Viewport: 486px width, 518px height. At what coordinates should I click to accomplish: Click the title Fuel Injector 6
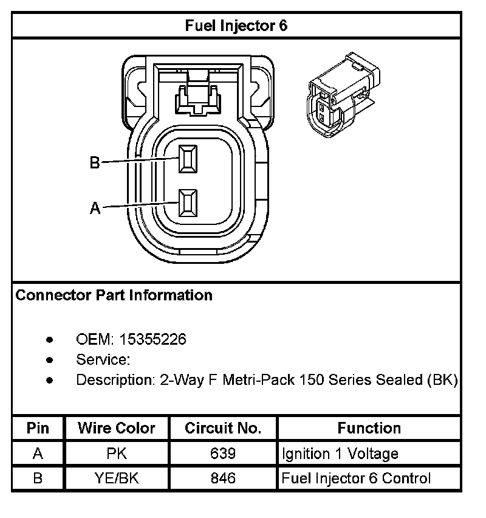236,26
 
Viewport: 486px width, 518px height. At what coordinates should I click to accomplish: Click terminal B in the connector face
188,160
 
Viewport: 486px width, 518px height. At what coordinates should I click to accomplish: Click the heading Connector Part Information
114,295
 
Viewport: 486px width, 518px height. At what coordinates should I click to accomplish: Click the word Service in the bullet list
102,359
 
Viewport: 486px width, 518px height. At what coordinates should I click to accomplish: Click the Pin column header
38,428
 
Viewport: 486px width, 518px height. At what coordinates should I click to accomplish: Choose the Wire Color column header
116,428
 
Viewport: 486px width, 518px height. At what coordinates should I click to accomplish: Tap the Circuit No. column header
223,428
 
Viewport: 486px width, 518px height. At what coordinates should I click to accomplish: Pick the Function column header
369,428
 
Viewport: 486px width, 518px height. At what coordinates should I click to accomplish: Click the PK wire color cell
116,454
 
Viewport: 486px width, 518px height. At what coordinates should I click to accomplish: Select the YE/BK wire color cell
116,478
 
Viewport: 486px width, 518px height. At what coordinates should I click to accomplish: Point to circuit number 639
223,454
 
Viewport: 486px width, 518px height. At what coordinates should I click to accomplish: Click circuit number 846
223,478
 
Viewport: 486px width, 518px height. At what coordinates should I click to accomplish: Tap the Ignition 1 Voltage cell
340,454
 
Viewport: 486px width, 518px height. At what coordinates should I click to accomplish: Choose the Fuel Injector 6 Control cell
356,478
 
